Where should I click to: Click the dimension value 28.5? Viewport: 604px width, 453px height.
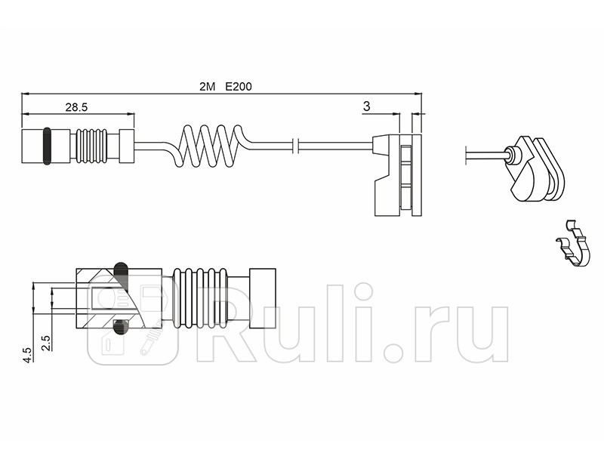[x=76, y=107]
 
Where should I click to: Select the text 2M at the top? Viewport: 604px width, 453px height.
[x=208, y=87]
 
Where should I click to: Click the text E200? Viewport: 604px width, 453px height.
[x=239, y=87]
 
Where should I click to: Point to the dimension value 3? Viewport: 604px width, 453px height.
[x=366, y=107]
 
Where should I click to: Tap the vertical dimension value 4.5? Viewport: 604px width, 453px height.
[x=28, y=355]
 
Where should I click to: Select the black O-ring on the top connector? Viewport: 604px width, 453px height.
[x=48, y=146]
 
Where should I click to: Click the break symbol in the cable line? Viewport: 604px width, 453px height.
[x=299, y=146]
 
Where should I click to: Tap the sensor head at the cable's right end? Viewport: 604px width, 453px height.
[x=397, y=174]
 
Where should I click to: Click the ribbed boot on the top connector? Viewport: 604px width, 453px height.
[x=92, y=146]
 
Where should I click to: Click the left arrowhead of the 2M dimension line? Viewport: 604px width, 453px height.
[x=25, y=94]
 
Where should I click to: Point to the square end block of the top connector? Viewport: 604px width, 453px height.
[x=126, y=146]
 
